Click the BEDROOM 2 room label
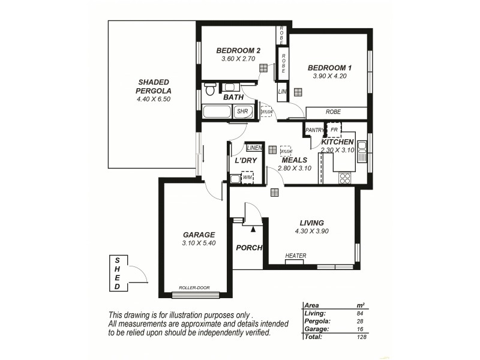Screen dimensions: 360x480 click(x=239, y=50)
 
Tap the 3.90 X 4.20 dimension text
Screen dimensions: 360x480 click(x=328, y=76)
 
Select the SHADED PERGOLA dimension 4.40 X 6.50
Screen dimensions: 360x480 click(x=154, y=99)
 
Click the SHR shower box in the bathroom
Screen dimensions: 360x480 click(x=242, y=111)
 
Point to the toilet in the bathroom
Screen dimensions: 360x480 click(x=209, y=90)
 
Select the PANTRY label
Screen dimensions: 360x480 click(x=314, y=130)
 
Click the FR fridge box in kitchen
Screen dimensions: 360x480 click(x=334, y=130)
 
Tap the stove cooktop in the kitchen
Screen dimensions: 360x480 click(x=345, y=178)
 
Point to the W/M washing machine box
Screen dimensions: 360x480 click(x=247, y=178)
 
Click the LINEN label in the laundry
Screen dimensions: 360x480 click(x=254, y=148)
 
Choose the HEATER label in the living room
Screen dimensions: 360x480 click(x=296, y=256)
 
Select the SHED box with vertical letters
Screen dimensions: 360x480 click(x=118, y=273)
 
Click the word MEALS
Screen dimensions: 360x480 click(x=295, y=160)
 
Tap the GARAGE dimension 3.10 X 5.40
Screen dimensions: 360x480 click(x=199, y=243)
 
